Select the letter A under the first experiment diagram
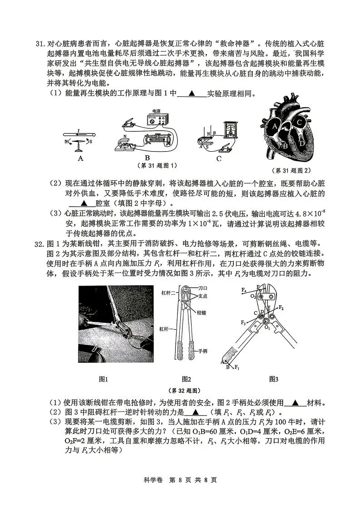[x=80, y=158]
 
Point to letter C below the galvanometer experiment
[x=219, y=158]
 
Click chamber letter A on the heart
[x=274, y=128]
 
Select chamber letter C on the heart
[x=299, y=122]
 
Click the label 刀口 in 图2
[x=203, y=288]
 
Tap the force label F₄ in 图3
[x=244, y=289]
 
